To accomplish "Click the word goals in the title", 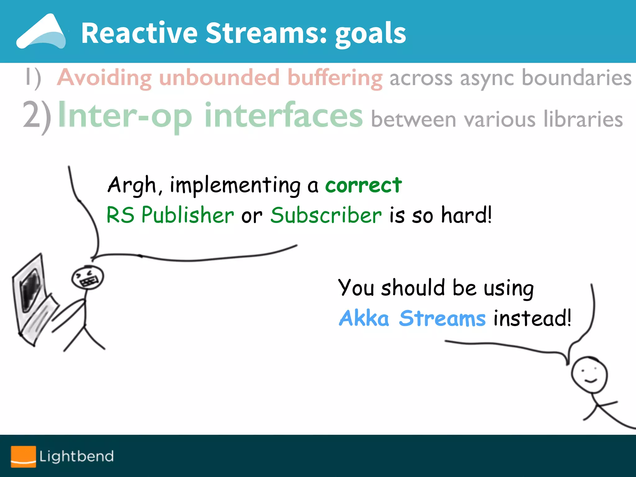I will [x=370, y=34].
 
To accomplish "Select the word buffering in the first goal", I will [x=335, y=78].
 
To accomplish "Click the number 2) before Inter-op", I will [x=37, y=117].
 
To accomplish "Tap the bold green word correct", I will [x=363, y=185].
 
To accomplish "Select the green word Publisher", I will [x=188, y=215].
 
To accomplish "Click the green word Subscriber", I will [x=326, y=215].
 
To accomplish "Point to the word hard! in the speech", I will [x=466, y=215].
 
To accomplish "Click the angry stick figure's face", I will [x=88, y=277].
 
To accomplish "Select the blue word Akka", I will [x=364, y=319].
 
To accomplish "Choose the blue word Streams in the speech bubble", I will [x=442, y=319].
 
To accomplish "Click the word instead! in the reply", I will [x=532, y=318].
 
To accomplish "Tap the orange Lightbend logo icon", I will [x=23, y=456].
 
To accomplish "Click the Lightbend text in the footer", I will [x=76, y=457].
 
